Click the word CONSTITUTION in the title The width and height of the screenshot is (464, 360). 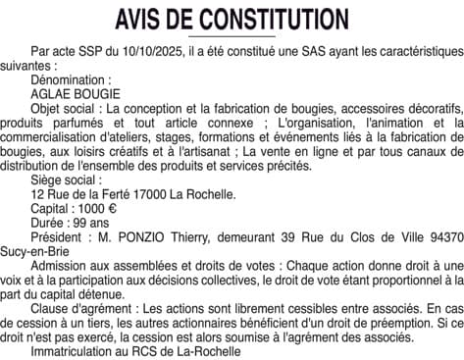click(274, 20)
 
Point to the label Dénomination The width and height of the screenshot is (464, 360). click(72, 76)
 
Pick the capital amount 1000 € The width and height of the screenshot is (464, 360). click(96, 209)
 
